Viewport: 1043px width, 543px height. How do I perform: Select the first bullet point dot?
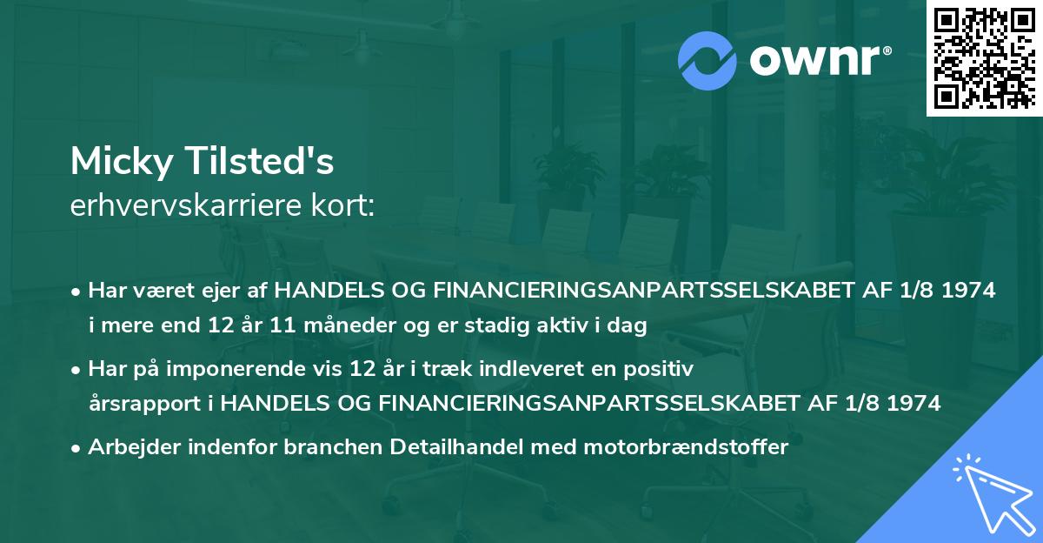pyautogui.click(x=77, y=292)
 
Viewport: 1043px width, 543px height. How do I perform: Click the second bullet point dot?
pyautogui.click(x=77, y=369)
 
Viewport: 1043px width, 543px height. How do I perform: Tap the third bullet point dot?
pyautogui.click(x=77, y=448)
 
